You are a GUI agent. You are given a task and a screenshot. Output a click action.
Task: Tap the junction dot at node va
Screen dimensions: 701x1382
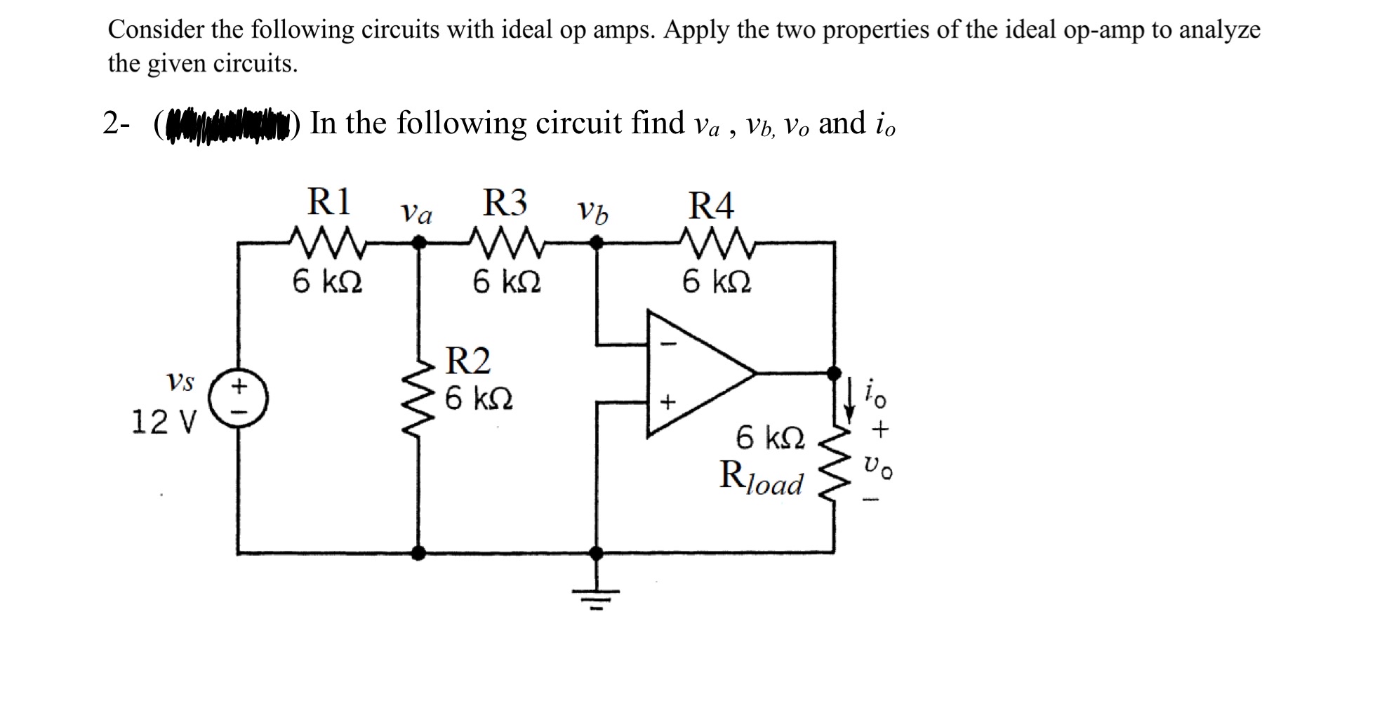click(419, 242)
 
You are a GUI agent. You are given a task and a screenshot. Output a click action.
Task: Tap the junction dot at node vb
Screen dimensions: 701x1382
click(596, 242)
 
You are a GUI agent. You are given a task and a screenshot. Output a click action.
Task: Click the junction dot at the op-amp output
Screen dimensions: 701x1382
click(833, 372)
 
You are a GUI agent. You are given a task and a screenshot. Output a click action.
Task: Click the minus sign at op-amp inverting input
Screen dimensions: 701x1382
click(669, 345)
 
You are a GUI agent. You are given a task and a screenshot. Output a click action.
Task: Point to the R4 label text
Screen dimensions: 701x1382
click(711, 206)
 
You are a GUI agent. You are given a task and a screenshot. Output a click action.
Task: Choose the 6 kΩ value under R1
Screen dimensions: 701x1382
click(328, 282)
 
